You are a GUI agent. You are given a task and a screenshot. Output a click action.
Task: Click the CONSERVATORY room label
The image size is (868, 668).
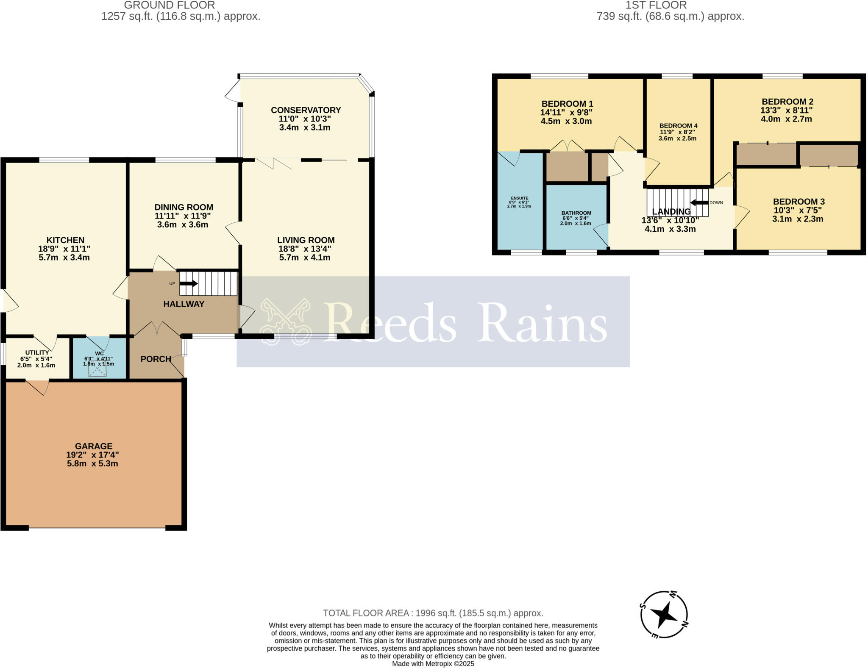306,110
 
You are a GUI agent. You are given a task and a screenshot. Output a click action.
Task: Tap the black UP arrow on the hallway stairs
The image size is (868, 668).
189,283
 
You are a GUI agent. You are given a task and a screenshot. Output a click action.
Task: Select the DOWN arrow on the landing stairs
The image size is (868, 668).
700,202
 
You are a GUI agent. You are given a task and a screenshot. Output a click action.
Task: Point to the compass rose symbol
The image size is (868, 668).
664,614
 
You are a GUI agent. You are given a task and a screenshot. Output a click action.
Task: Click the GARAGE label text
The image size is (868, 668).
94,446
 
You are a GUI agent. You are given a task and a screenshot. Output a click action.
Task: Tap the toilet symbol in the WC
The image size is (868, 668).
97,371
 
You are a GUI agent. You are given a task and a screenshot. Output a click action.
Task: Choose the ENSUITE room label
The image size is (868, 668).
520,198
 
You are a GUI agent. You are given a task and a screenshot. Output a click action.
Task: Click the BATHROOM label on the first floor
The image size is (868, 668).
576,213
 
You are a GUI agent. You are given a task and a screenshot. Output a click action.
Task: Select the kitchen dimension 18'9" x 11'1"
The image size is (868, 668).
64,249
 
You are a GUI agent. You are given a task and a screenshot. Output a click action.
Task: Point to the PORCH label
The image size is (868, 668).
156,359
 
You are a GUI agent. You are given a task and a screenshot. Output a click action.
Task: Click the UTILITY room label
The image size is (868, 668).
37,352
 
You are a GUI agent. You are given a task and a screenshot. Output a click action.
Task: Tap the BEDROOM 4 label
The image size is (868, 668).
678,126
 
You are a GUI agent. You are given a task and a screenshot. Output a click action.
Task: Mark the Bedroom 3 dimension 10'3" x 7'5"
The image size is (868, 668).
798,211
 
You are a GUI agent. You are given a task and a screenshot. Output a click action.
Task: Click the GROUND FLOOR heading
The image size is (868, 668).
169,6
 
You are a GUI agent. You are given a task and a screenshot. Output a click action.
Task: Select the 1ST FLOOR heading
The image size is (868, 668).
656,6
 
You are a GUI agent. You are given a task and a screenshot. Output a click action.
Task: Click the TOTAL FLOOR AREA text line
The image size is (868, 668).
433,613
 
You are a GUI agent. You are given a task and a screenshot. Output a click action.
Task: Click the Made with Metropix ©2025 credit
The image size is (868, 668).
433,664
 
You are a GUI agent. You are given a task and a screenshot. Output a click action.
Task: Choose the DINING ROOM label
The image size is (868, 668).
184,207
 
